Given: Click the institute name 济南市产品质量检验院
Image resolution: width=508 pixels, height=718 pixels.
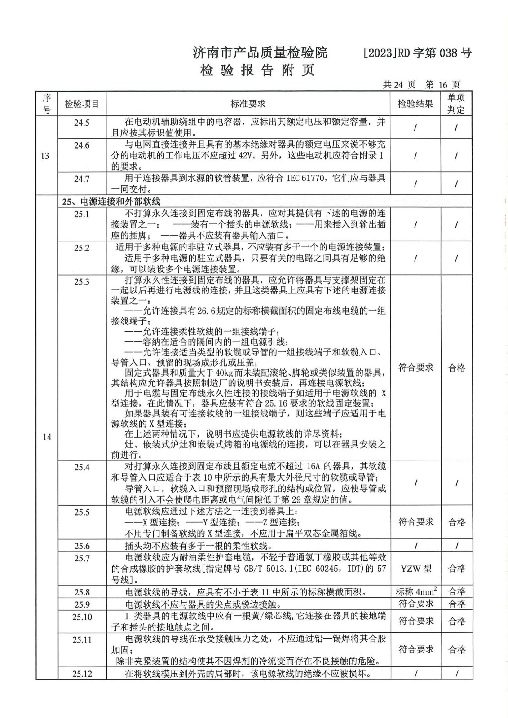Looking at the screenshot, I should (260, 53).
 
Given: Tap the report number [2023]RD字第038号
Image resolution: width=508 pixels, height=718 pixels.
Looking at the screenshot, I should (417, 53).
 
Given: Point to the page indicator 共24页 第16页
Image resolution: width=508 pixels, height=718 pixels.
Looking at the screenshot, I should (421, 84).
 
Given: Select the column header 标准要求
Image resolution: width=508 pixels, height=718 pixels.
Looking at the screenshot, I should (248, 104).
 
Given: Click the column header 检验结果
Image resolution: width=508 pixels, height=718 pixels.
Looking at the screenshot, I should (415, 104).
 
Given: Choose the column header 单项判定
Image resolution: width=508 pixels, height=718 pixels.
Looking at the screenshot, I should (456, 104).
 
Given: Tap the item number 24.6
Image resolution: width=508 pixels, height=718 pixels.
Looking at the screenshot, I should (82, 145).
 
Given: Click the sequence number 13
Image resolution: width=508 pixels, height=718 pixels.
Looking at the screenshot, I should (46, 156).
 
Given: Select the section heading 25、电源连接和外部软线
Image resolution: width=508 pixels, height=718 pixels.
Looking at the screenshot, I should (111, 201).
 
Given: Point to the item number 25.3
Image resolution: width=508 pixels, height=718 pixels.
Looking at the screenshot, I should (82, 282).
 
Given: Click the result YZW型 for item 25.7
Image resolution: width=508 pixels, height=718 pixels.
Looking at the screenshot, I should (415, 569).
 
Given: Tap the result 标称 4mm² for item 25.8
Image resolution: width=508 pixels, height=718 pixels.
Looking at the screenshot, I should (415, 591).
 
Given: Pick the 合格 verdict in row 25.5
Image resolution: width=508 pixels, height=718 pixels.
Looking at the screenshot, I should (456, 522).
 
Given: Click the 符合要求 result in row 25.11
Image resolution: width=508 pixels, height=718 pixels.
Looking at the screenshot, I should (415, 649).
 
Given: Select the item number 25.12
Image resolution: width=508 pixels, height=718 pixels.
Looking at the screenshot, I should (82, 674).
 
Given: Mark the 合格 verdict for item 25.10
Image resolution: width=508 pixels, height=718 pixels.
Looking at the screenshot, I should (456, 621).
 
